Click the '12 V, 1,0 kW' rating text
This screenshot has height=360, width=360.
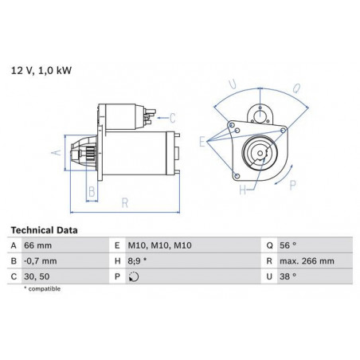[x=41, y=71]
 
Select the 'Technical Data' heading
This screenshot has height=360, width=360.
[x=44, y=230]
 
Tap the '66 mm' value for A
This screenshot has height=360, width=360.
[x=37, y=245]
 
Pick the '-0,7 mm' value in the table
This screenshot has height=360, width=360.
[x=41, y=261]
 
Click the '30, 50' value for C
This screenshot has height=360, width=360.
[x=37, y=276]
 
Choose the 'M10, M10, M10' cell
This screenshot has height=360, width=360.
[x=159, y=245]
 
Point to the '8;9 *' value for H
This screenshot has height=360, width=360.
[x=137, y=261]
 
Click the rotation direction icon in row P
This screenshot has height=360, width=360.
[x=134, y=277]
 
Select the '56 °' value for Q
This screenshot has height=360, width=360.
[x=288, y=245]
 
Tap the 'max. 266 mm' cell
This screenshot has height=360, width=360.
[x=307, y=261]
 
